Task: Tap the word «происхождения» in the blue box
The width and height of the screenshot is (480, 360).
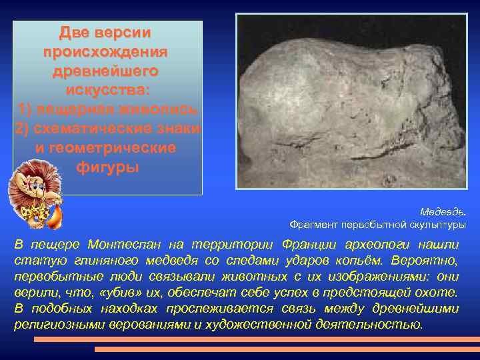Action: click(x=105, y=51)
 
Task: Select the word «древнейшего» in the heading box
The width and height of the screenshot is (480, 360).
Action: click(x=105, y=70)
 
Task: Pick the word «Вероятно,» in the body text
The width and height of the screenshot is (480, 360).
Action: click(x=431, y=261)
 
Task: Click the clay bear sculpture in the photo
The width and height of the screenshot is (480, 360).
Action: click(x=353, y=100)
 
